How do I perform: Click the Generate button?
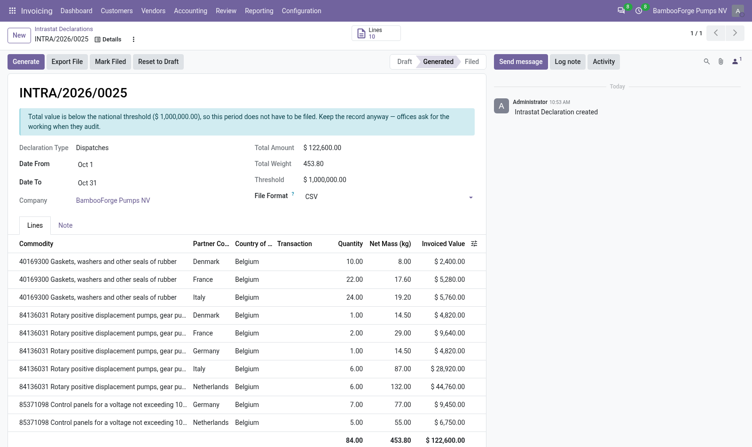[x=26, y=62]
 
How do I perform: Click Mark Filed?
[x=110, y=62]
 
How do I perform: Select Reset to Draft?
[x=158, y=62]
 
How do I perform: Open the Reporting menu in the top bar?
[x=259, y=11]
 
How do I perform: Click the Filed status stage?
[x=472, y=62]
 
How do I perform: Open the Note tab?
[x=65, y=225]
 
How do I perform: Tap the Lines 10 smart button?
[x=376, y=33]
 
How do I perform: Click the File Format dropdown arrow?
[x=470, y=198]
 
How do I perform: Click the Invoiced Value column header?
[x=443, y=244]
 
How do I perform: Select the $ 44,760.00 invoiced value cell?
[x=447, y=387]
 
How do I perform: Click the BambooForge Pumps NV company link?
[x=113, y=200]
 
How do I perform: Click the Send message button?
[x=521, y=62]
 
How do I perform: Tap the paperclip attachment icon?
[x=721, y=62]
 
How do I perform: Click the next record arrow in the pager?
[x=735, y=33]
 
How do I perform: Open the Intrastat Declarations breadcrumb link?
[x=64, y=29]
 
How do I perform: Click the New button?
[x=19, y=35]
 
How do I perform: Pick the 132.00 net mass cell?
[x=400, y=387]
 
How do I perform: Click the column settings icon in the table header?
[x=474, y=244]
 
